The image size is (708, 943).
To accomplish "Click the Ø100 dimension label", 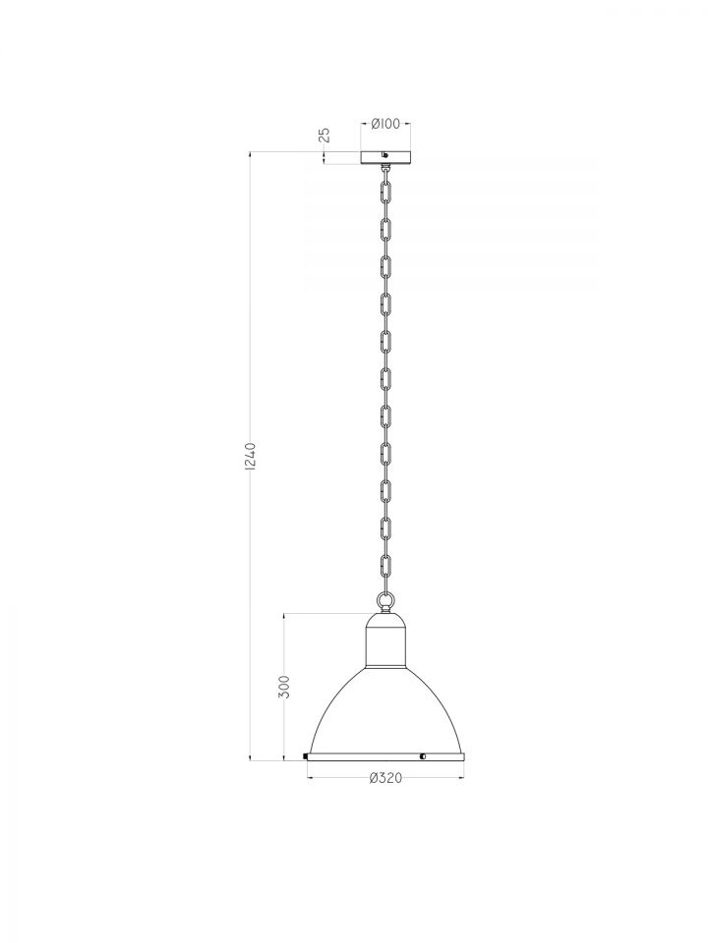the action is (x=385, y=124).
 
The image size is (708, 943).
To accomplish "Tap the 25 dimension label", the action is (x=325, y=135).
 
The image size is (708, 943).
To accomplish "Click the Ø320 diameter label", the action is (x=385, y=778).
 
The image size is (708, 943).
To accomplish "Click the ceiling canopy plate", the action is (x=385, y=157).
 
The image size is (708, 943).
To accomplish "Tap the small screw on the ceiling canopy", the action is (x=385, y=159).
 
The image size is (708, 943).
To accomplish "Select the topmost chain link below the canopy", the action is (x=385, y=190).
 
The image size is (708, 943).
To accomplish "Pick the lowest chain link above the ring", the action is (x=385, y=566).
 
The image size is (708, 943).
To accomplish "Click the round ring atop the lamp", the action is (x=385, y=599).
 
